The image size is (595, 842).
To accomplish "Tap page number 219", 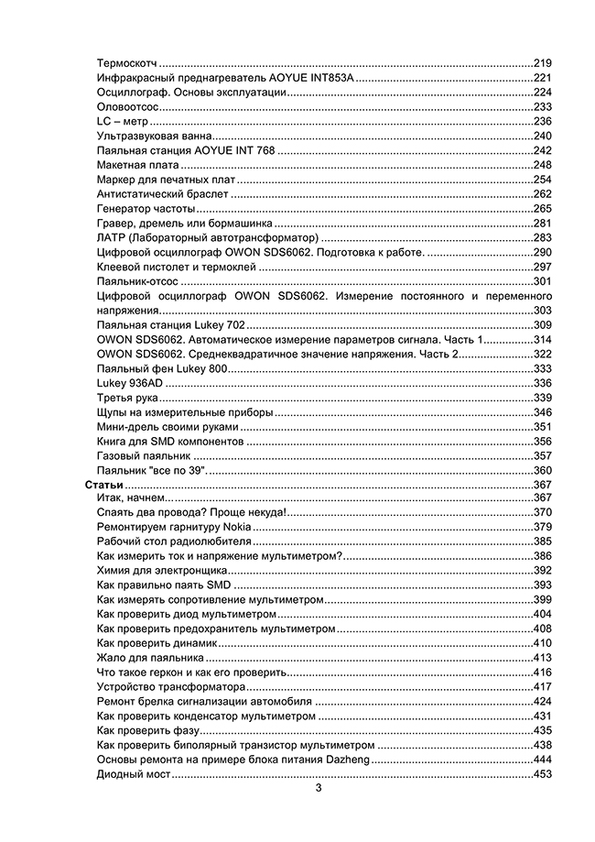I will point(543,62).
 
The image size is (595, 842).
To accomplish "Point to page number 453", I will point(543,775).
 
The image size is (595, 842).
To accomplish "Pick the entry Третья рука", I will point(127,398).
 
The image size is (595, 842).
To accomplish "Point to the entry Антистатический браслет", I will point(162,194).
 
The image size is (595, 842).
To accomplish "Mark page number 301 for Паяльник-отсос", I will point(543,281).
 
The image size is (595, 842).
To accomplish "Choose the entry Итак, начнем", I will point(130,498).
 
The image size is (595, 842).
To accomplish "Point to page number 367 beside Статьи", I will point(543,484).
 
